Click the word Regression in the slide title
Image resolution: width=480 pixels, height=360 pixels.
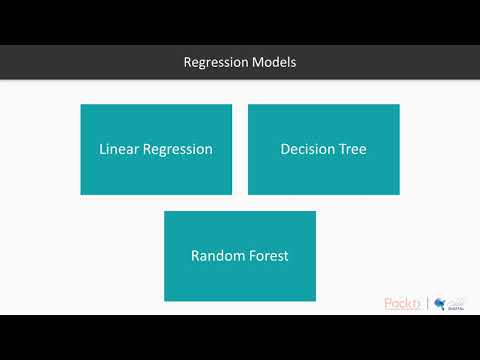(213, 62)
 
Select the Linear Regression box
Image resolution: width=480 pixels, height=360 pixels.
(156, 149)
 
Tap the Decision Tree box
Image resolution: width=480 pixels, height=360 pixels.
(323, 149)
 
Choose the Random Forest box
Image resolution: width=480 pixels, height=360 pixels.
(240, 255)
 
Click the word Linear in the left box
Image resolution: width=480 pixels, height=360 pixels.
(118, 149)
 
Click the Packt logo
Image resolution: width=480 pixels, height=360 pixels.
(403, 304)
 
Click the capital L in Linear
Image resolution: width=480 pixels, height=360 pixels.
(103, 149)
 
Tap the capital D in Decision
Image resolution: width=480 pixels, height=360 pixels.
(285, 149)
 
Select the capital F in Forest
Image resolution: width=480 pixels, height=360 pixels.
(255, 255)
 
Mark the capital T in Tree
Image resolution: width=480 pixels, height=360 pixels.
(343, 149)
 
